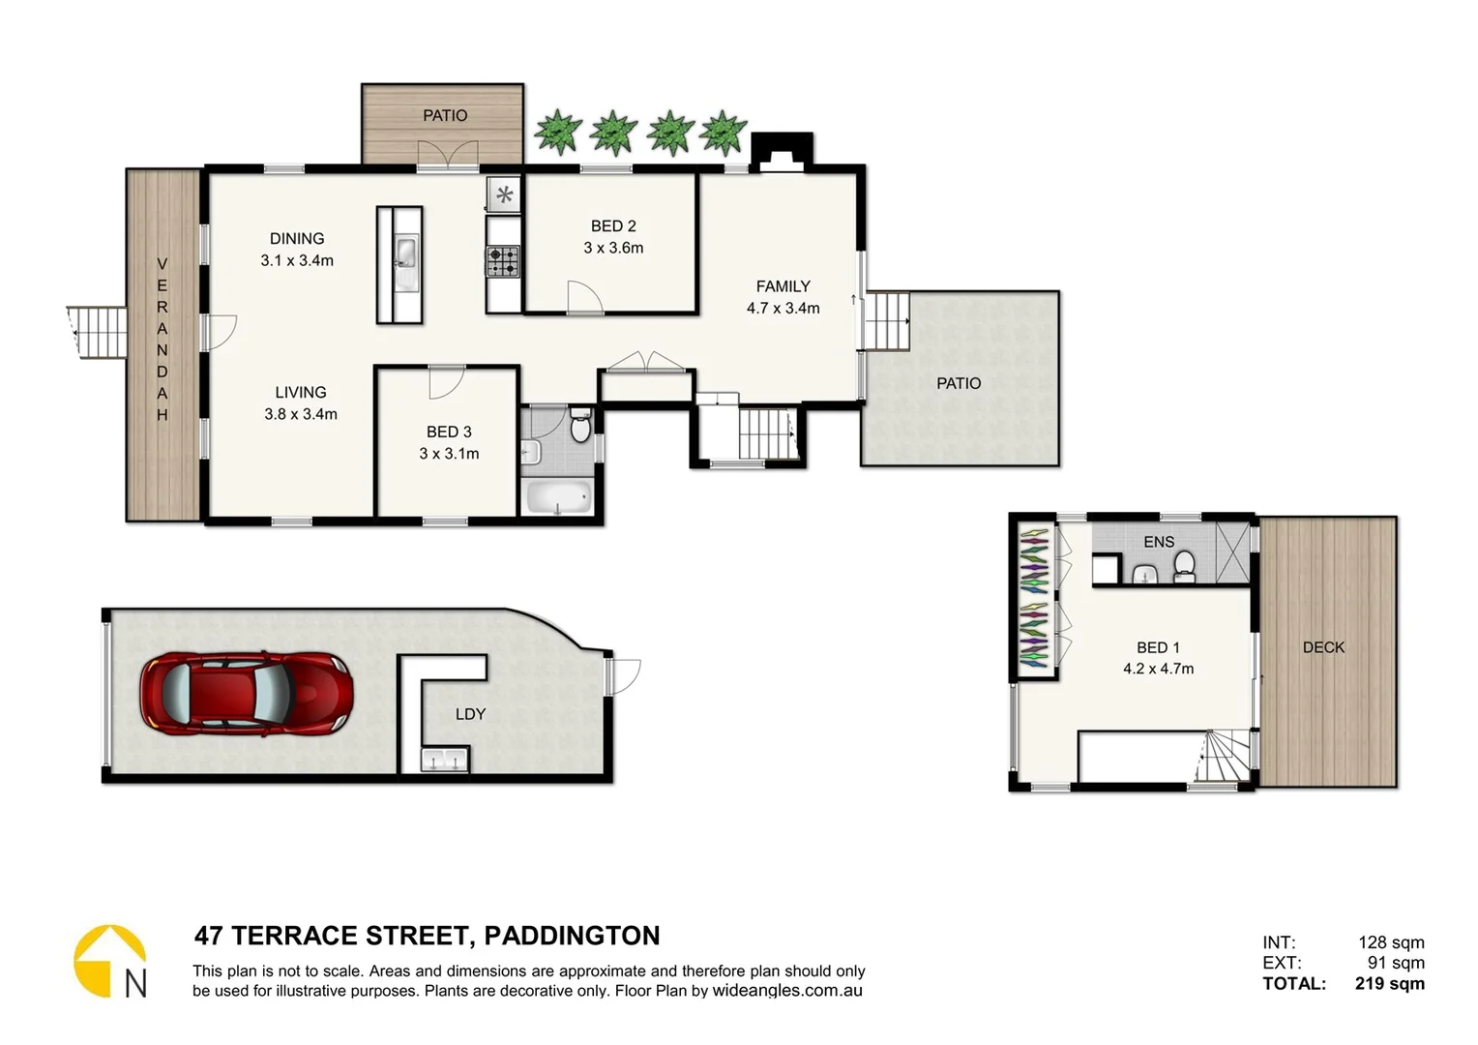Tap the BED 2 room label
point(613,226)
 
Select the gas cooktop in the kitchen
point(503,261)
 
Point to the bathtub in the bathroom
point(557,498)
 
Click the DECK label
point(1323,647)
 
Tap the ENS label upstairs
point(1158,542)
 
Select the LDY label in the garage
point(470,714)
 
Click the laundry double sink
point(445,761)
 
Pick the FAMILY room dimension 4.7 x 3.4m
point(783,309)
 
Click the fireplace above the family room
point(782,154)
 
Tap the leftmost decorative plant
point(558,133)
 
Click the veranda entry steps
point(100,333)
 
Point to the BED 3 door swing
point(446,383)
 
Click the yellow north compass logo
point(108,960)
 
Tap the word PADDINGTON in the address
point(572,936)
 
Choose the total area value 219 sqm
point(1389,984)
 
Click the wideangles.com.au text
point(787,991)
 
